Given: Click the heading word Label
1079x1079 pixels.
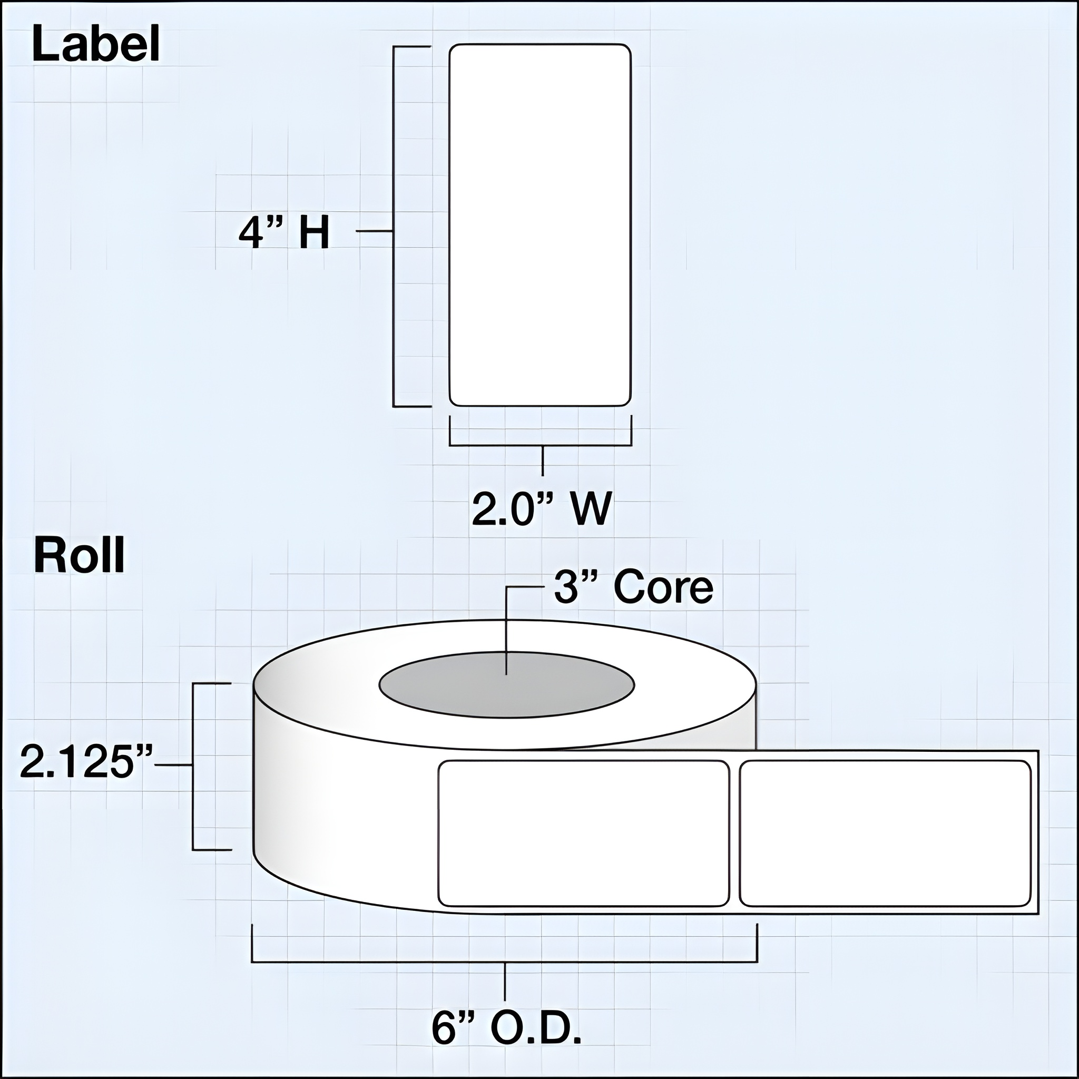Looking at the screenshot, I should (96, 45).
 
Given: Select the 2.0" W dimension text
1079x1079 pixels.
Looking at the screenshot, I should (542, 509).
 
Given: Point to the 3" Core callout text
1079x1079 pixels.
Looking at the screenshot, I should (633, 587).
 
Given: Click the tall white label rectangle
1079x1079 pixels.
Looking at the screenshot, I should (540, 225).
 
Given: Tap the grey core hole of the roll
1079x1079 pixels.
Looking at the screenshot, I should (506, 685).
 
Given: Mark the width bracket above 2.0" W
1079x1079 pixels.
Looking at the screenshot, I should (540, 446).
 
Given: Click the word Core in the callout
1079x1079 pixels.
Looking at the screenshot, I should (663, 587).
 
